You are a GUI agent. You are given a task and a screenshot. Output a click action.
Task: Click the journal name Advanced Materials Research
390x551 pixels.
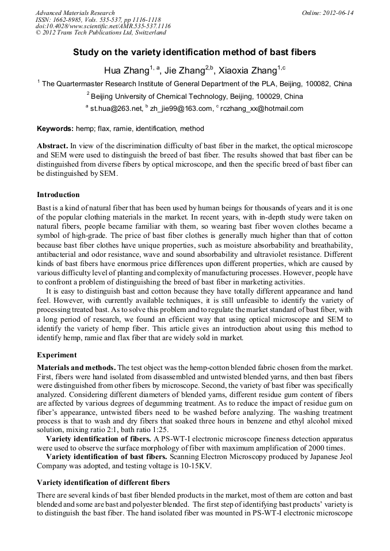75,13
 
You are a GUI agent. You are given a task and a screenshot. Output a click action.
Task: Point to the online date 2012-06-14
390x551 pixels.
339,13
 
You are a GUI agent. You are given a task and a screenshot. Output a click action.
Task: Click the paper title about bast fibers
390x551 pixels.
194,52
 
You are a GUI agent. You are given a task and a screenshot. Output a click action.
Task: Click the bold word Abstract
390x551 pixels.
53,147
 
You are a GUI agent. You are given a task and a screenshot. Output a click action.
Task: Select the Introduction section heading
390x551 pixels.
59,194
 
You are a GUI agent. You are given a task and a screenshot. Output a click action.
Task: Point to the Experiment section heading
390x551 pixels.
57,355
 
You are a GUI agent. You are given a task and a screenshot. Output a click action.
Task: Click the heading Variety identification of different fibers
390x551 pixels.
104,481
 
